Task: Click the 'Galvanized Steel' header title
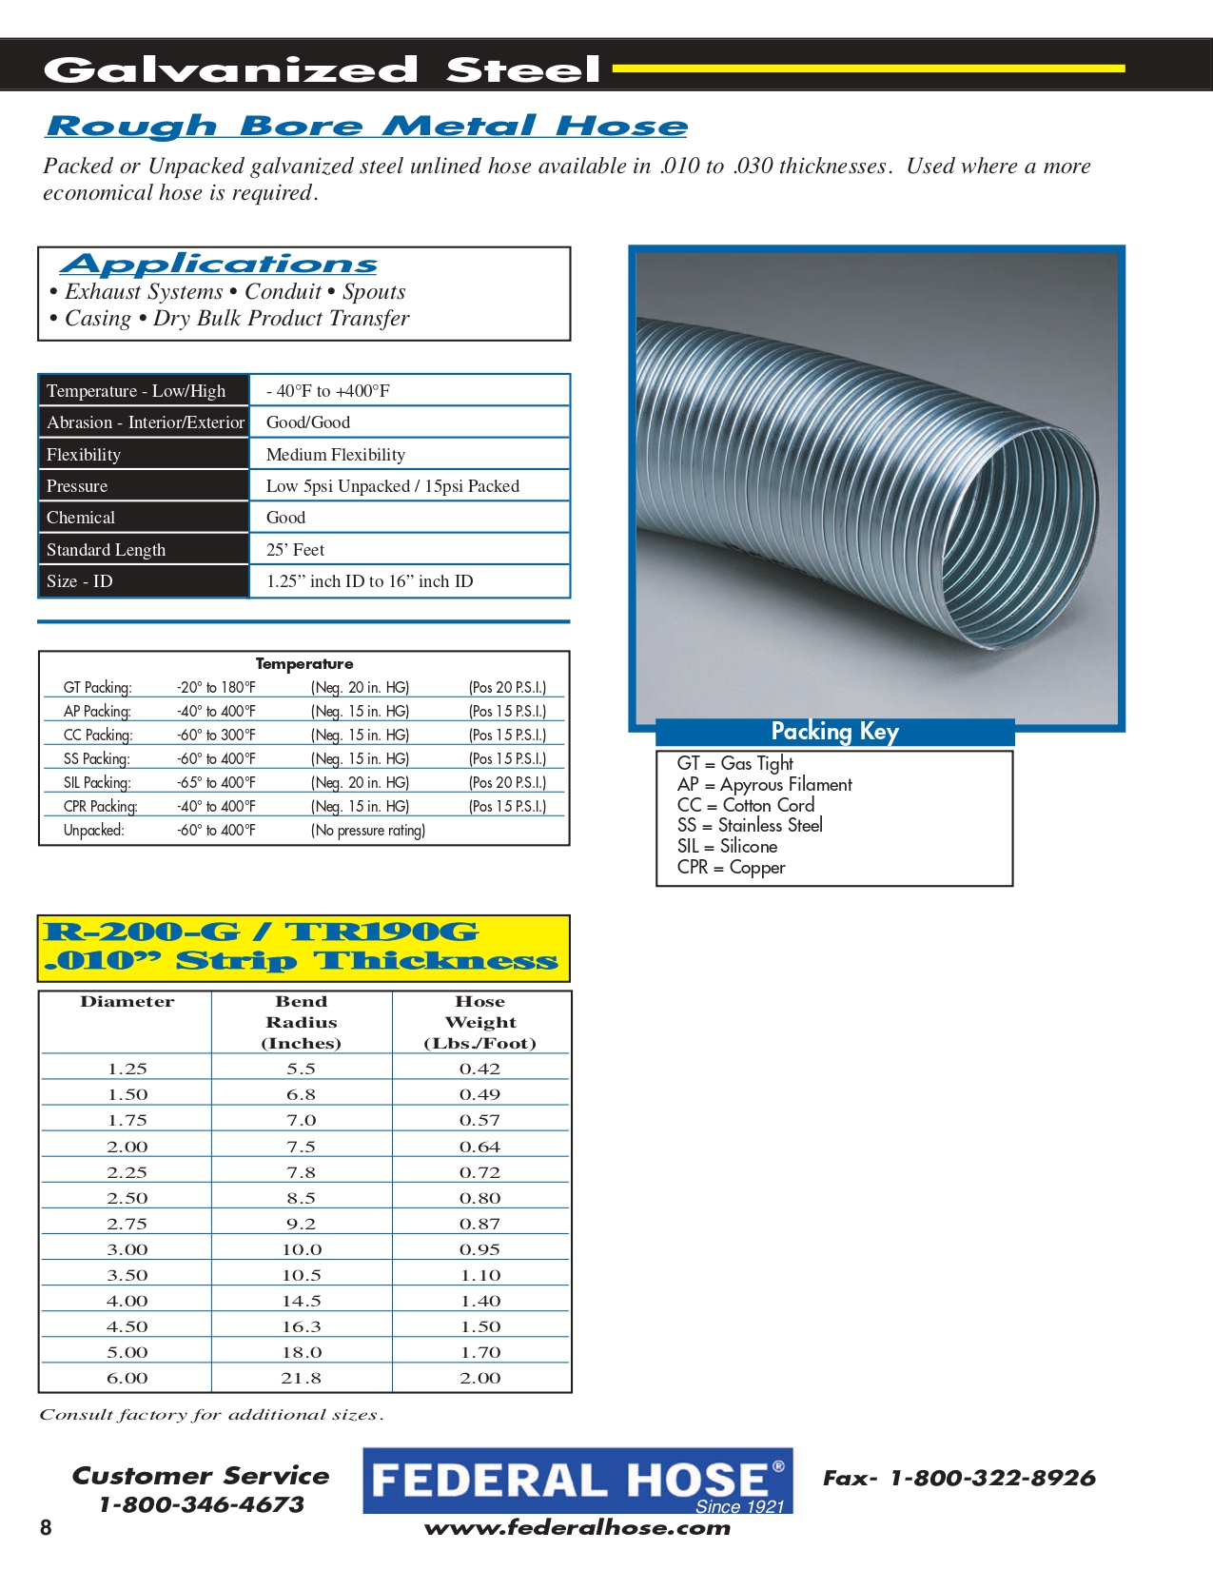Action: (322, 69)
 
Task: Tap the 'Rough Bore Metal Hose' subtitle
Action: (366, 126)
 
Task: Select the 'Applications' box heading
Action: (219, 264)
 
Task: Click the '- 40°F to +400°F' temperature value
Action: (328, 391)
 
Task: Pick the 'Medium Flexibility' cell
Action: (336, 455)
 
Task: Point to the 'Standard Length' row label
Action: (106, 550)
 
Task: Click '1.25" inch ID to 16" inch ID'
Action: (369, 581)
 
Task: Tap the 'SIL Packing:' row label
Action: (97, 782)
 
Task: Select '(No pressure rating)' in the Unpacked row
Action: (368, 831)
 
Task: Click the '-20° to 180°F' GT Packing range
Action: (216, 687)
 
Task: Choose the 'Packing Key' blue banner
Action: (834, 732)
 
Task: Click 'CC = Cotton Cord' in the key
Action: (746, 805)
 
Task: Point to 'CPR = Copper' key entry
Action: (731, 868)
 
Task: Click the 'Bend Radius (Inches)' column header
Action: (302, 1022)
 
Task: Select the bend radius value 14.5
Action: (302, 1301)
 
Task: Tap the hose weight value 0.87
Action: (479, 1224)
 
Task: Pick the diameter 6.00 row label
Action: (127, 1378)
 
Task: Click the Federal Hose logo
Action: (577, 1481)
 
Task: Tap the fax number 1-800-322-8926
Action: (992, 1478)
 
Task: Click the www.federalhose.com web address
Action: (577, 1528)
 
